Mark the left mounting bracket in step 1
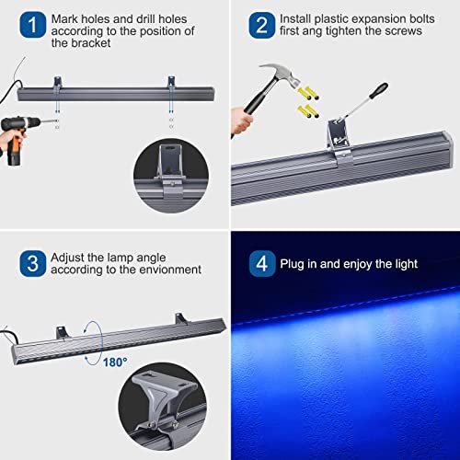click(x=58, y=86)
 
